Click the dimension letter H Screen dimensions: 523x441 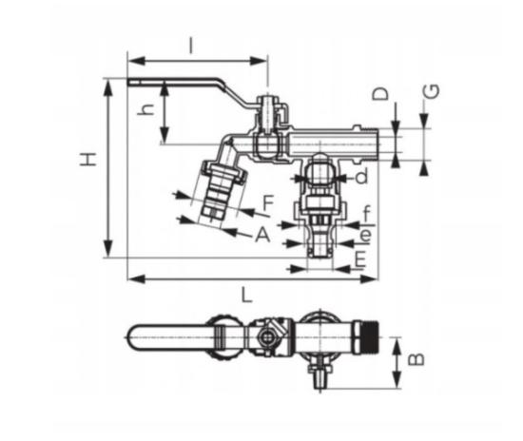coord(88,160)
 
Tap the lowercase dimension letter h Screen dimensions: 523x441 coord(145,108)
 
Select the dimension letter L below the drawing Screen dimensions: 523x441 coord(246,295)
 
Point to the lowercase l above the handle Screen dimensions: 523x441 coord(190,46)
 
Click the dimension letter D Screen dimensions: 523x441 coord(380,93)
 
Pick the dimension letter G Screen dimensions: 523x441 coord(432,91)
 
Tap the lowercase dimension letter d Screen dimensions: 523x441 coord(362,176)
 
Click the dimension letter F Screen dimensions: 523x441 coord(268,202)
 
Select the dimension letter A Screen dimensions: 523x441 coord(262,235)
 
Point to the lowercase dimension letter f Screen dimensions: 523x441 coord(366,214)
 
